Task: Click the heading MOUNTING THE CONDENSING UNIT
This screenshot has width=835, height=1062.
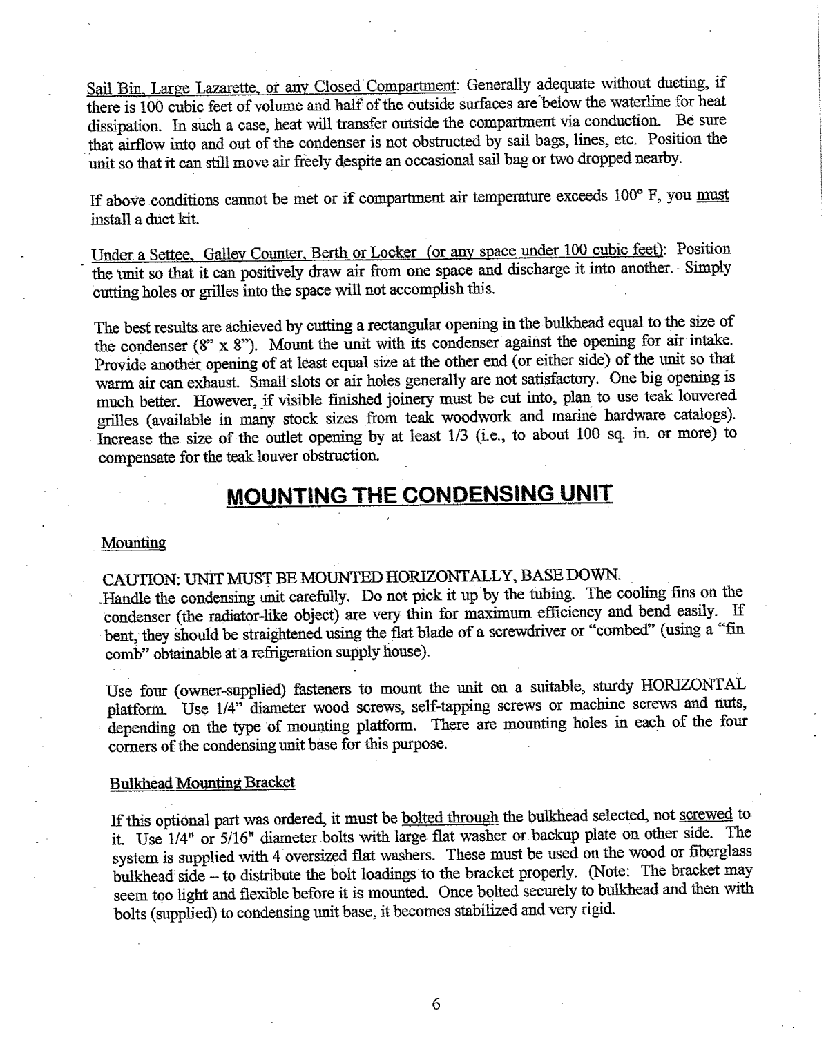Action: pos(420,494)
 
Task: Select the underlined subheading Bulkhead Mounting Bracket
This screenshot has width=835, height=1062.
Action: pos(202,782)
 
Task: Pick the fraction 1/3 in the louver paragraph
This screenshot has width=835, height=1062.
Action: pos(407,436)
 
